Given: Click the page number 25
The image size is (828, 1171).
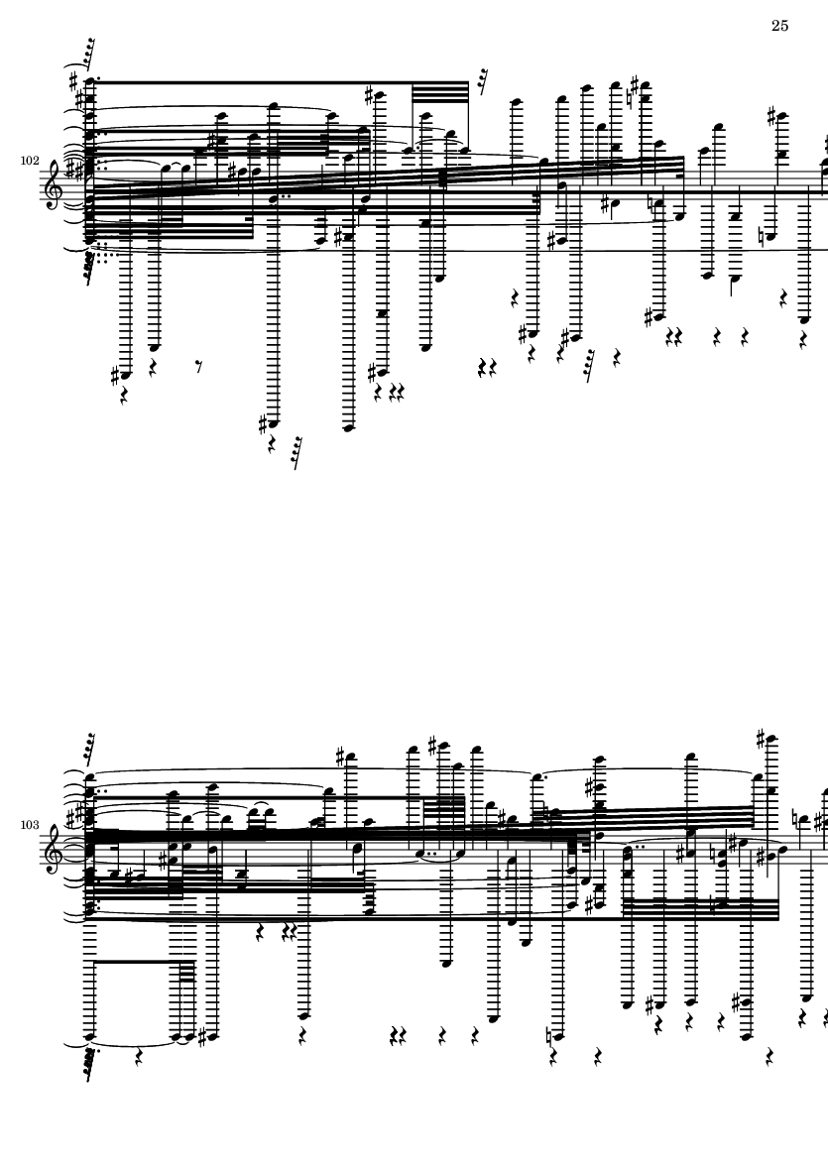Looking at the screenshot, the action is point(779,26).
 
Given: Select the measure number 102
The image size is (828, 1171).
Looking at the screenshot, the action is point(30,161).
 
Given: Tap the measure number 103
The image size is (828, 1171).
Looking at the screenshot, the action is point(30,825).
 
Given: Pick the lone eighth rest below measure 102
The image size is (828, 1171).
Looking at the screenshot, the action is point(198,366).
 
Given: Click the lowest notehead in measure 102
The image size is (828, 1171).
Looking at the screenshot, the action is point(348,428).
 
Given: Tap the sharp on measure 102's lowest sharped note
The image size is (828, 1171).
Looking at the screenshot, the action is point(264,424).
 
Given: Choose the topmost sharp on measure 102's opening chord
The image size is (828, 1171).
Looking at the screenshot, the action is point(73,79).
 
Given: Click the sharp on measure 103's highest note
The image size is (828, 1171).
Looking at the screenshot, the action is point(760,740).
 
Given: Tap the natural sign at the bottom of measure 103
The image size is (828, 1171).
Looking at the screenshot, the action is point(549,1036).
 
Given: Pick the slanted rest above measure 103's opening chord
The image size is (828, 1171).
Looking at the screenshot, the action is point(89,749).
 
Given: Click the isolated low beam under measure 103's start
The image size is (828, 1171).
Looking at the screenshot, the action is point(138,962).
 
